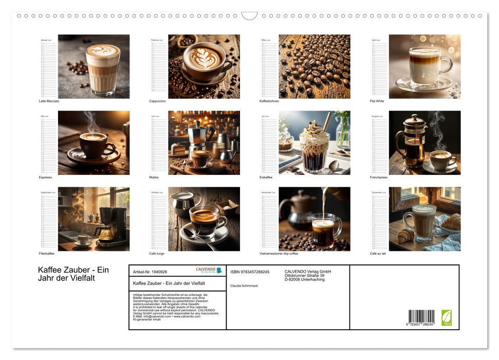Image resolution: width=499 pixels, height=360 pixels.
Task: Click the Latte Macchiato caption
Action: click(x=49, y=101)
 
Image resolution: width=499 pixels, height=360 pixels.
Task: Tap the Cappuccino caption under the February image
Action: click(x=158, y=101)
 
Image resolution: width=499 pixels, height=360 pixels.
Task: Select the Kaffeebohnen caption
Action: click(x=269, y=101)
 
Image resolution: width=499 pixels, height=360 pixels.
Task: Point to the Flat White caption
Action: click(x=377, y=101)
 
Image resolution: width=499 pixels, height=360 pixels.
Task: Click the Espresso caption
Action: click(x=46, y=177)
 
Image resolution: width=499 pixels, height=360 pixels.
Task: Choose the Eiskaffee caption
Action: click(x=267, y=177)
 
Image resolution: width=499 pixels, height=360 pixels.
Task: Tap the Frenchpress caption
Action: click(x=379, y=177)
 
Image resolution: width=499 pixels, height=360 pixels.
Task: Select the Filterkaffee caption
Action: click(x=47, y=254)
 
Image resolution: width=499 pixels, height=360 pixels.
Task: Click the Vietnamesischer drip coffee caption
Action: click(x=286, y=254)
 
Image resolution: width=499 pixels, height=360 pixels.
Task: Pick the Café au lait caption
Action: click(x=378, y=254)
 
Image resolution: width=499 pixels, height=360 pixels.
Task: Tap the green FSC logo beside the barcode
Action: click(x=447, y=317)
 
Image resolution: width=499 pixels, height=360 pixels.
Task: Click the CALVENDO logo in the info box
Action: click(x=209, y=270)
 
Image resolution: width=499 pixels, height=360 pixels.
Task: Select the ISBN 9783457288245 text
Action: click(x=250, y=272)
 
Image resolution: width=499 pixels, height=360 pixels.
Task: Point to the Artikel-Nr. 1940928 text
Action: click(x=150, y=272)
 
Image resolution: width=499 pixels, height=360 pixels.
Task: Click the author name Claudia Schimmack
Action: click(x=245, y=285)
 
